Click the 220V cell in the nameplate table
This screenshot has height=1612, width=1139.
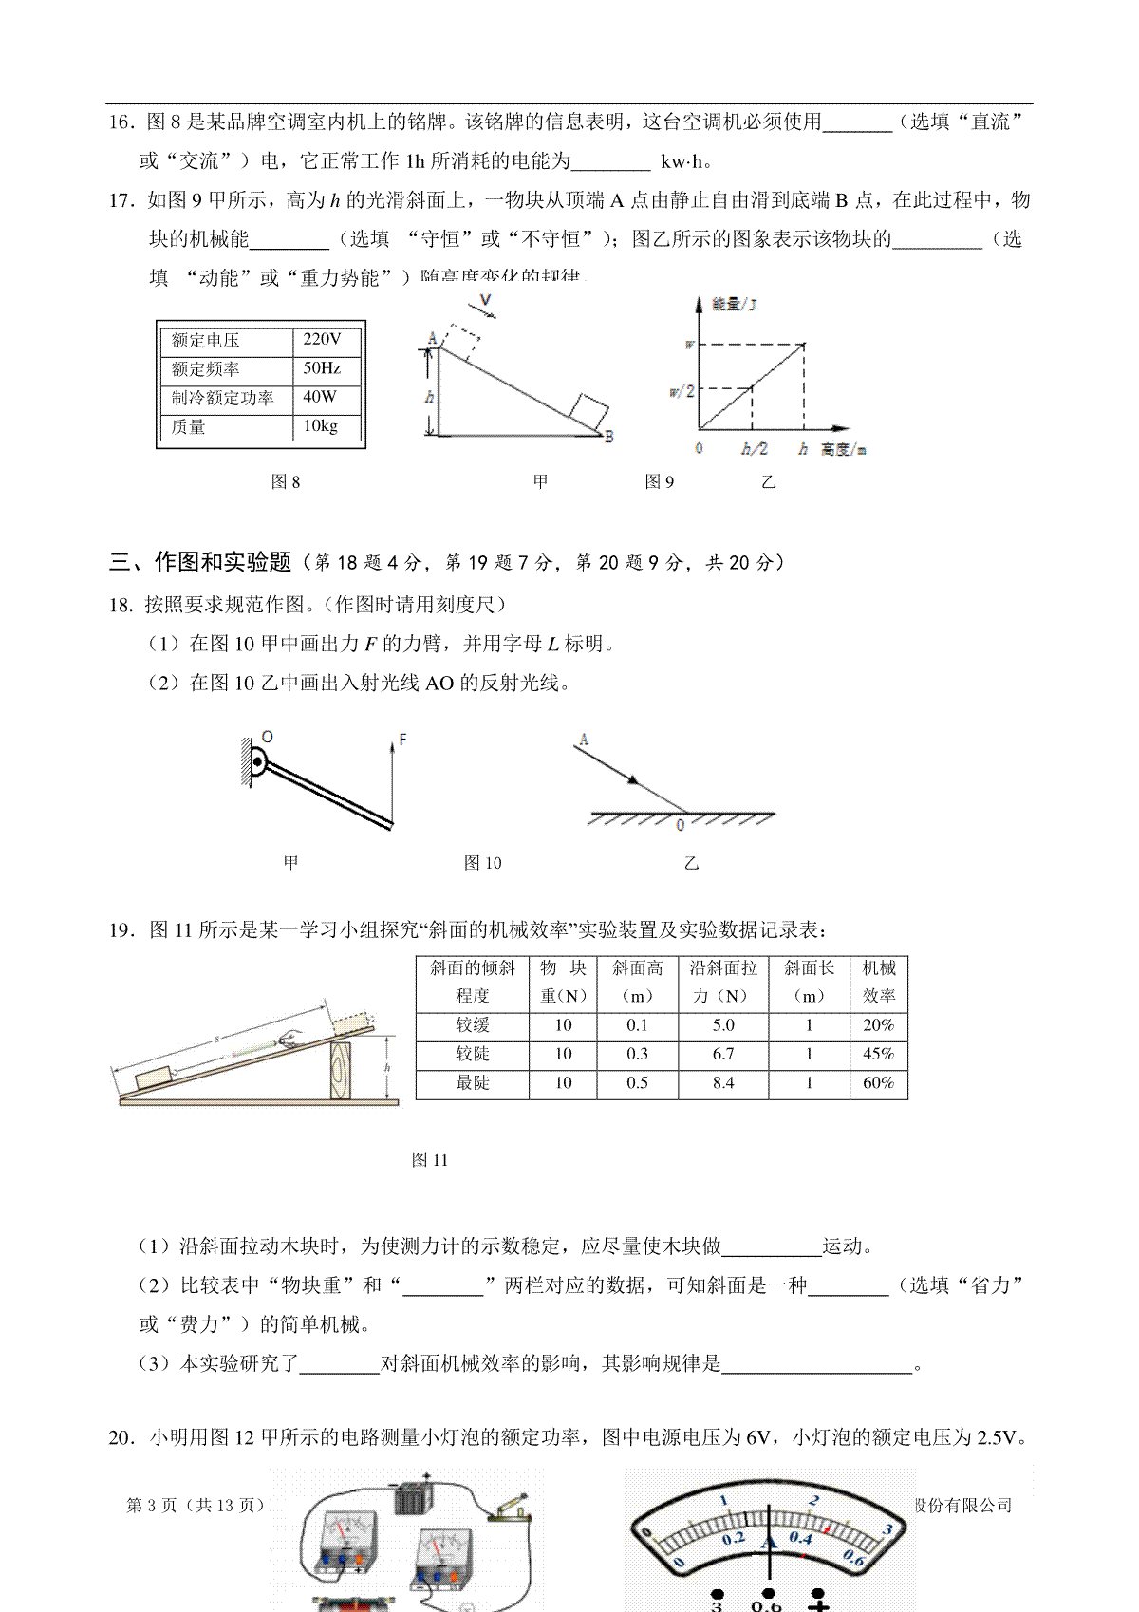pyautogui.click(x=322, y=339)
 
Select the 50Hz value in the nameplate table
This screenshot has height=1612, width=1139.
pyautogui.click(x=322, y=368)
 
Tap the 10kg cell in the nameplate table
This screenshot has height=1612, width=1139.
pyautogui.click(x=321, y=426)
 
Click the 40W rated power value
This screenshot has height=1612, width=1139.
pyautogui.click(x=320, y=397)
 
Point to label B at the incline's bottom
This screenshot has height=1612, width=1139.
pyautogui.click(x=608, y=437)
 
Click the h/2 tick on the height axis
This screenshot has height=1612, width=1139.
pyautogui.click(x=754, y=449)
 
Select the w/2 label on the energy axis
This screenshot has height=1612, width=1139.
pyautogui.click(x=682, y=391)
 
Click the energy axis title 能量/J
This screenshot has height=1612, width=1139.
pyautogui.click(x=734, y=305)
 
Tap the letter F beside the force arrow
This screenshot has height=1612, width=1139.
pyautogui.click(x=402, y=740)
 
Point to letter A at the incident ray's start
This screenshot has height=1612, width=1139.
pyautogui.click(x=583, y=739)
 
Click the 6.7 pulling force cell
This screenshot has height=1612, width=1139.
pyautogui.click(x=723, y=1054)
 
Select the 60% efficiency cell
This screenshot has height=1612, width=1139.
pyautogui.click(x=879, y=1083)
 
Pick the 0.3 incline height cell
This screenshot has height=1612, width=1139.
pyautogui.click(x=637, y=1054)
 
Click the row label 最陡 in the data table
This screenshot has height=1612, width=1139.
pyautogui.click(x=473, y=1083)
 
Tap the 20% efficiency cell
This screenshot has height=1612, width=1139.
pyautogui.click(x=879, y=1025)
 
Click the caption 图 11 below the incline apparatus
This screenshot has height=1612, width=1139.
pyautogui.click(x=430, y=1160)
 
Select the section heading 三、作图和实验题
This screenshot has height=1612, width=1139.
pyautogui.click(x=200, y=562)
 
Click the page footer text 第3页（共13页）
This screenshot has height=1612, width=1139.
pyautogui.click(x=196, y=1505)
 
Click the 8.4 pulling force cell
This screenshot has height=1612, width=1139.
pyautogui.click(x=723, y=1083)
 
